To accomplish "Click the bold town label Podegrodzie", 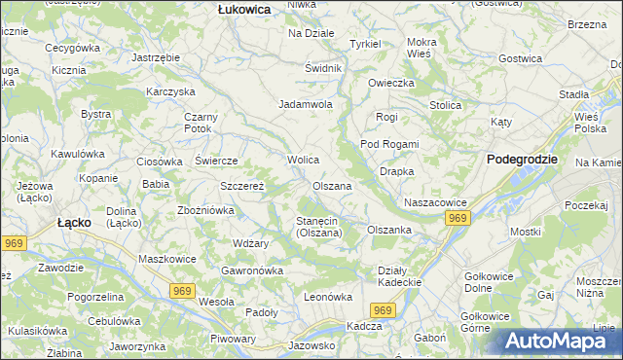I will click(522, 159).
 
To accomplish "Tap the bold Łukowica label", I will click(243, 8).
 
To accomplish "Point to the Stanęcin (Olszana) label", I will click(318, 227).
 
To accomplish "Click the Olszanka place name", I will click(388, 230).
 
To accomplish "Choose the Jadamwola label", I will click(307, 104).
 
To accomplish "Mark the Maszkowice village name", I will click(167, 259).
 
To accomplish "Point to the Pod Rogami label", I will click(389, 144).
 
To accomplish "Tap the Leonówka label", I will click(327, 297).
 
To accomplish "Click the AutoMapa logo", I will click(554, 341).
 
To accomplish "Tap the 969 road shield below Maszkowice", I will click(182, 290).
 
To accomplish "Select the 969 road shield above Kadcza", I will click(385, 309).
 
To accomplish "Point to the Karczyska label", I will click(171, 91).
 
